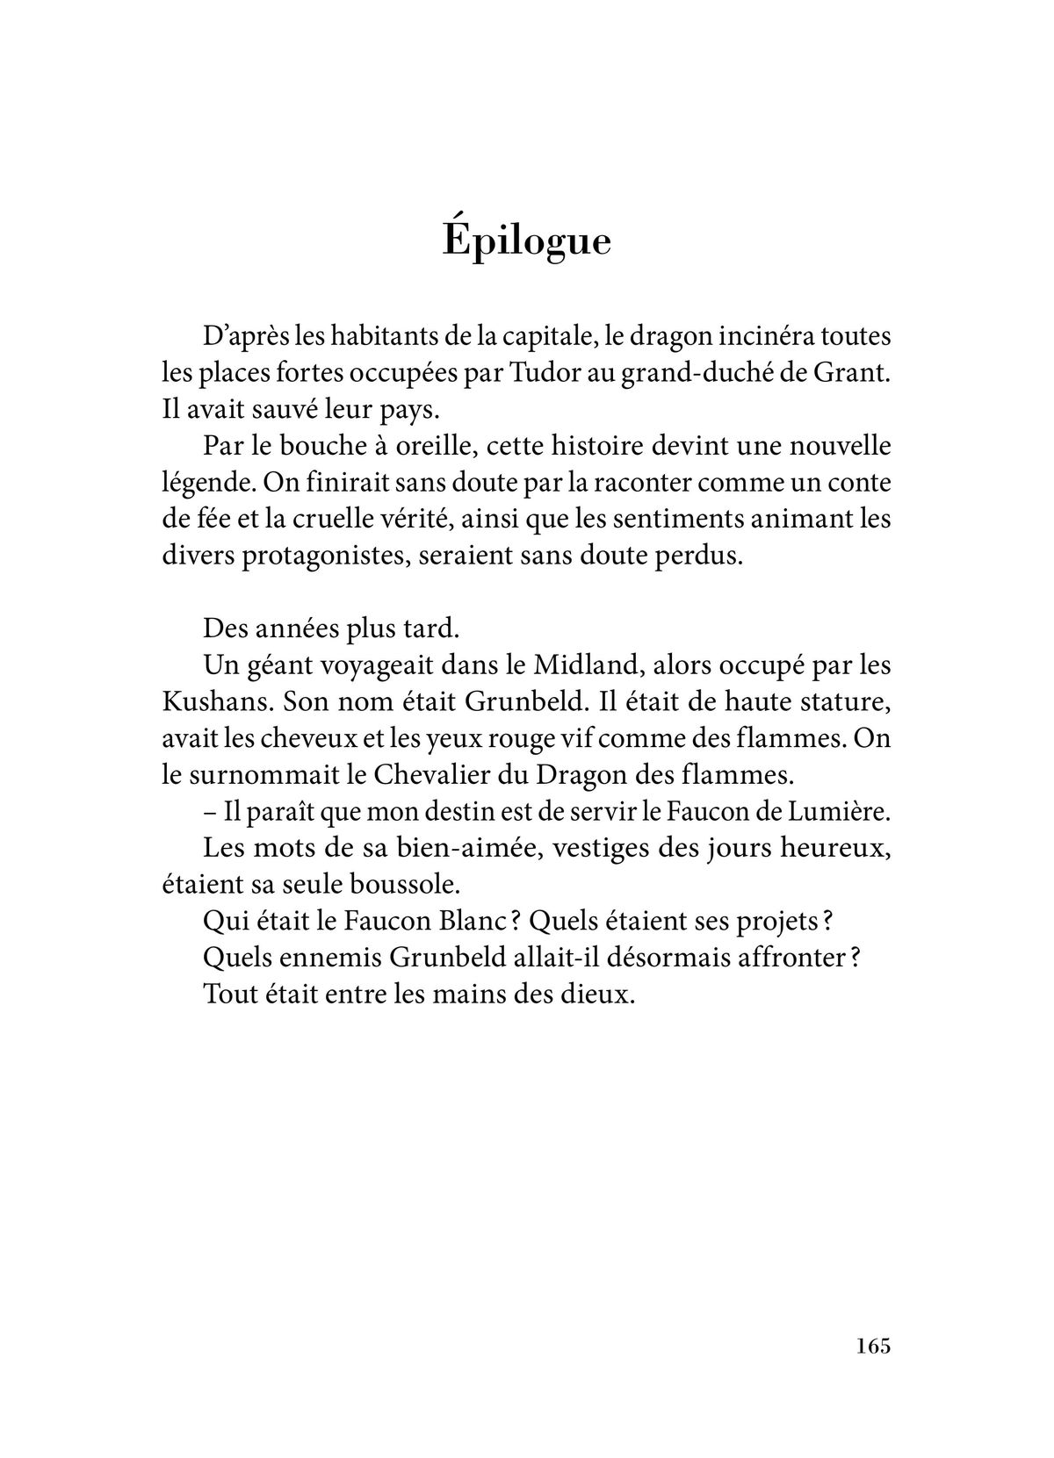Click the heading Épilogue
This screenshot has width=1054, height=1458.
click(x=526, y=241)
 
